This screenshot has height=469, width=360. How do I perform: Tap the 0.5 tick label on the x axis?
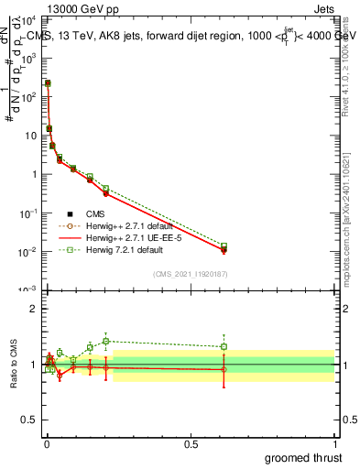tap(190, 443)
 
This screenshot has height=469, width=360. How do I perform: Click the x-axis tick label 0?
tap(47, 443)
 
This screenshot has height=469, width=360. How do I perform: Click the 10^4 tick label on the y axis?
tap(28, 18)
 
